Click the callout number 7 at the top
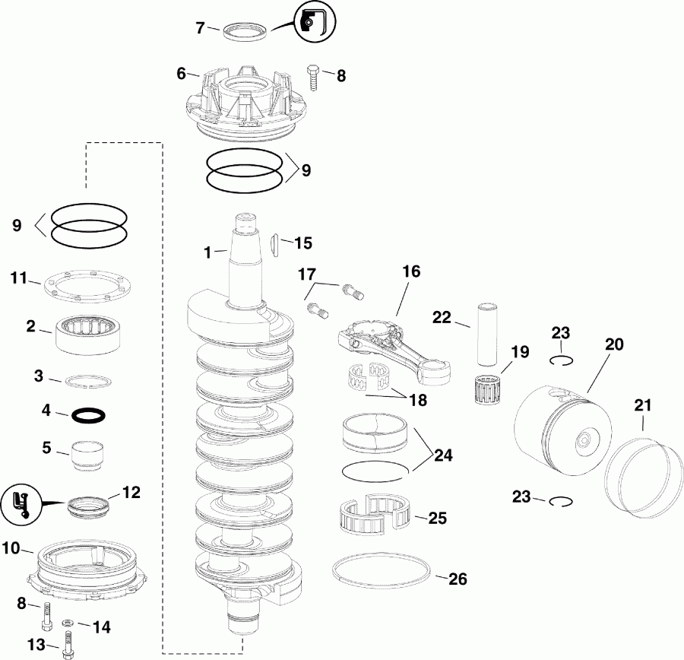pos(200,28)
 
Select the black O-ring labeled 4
pos(88,415)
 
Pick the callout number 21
pos(643,406)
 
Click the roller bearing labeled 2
pos(90,334)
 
